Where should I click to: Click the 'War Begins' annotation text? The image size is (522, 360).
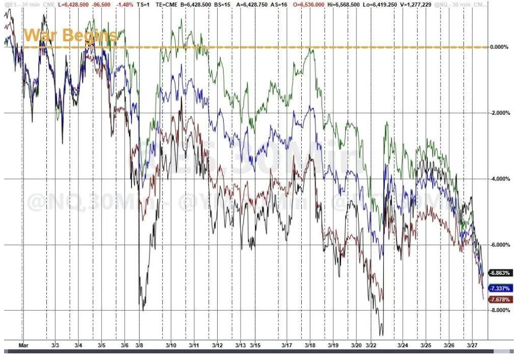click(x=70, y=36)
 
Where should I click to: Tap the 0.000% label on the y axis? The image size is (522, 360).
click(x=499, y=47)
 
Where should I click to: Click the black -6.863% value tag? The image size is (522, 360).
click(x=499, y=273)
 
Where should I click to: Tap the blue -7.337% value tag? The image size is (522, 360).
click(x=499, y=288)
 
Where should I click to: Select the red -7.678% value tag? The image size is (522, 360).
click(x=499, y=299)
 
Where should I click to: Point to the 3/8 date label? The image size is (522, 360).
click(x=139, y=345)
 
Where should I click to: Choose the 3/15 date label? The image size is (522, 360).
click(x=254, y=345)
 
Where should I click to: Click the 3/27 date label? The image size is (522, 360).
click(x=472, y=345)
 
